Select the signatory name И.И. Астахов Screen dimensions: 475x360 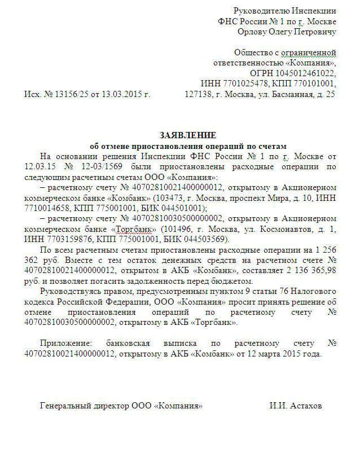[x=296, y=406]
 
